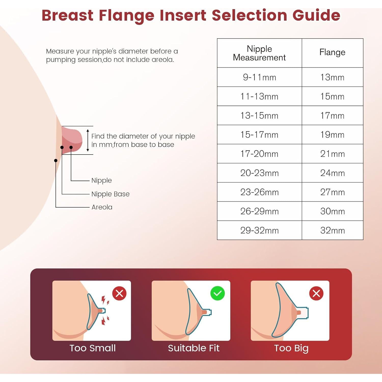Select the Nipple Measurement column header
[x=259, y=53]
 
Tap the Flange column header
[x=332, y=52]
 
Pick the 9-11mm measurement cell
[x=259, y=77]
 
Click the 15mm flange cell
[x=332, y=97]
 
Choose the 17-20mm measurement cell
[x=259, y=154]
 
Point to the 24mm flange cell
[x=332, y=173]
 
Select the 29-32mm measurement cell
[x=259, y=230]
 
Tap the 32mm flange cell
[x=332, y=230]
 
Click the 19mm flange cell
[x=332, y=135]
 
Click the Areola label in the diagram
[x=102, y=207]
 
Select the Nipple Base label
[x=110, y=194]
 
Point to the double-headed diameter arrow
[x=88, y=140]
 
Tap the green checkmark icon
[x=217, y=293]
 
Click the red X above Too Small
[x=119, y=293]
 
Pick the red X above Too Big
[x=316, y=293]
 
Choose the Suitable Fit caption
[x=194, y=348]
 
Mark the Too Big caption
[x=291, y=348]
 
